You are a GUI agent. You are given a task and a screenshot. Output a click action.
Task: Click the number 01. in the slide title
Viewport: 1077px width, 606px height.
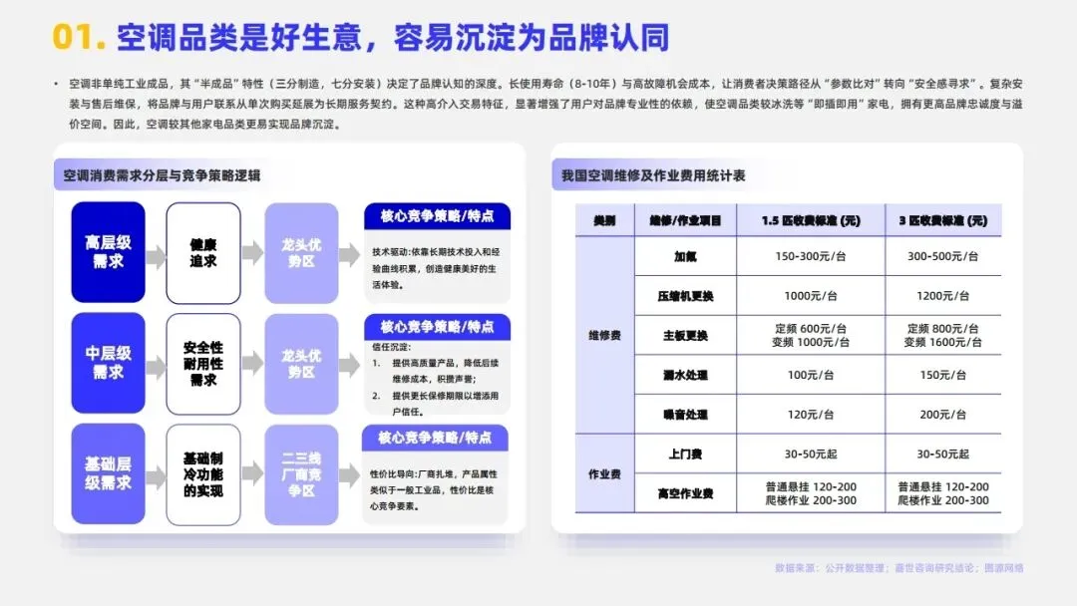pos(79,37)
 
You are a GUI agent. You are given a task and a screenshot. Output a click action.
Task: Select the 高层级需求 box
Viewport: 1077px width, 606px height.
pos(108,252)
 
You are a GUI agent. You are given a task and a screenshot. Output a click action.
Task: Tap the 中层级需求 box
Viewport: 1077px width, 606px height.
pos(108,363)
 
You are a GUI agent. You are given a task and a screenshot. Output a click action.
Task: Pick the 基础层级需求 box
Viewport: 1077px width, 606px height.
pos(108,474)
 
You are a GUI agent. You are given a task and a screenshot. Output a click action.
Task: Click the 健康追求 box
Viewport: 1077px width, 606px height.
pos(203,252)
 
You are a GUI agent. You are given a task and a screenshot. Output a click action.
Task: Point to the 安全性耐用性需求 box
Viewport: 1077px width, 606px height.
pos(203,363)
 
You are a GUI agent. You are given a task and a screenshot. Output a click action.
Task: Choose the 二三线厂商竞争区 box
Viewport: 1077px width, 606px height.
pos(300,474)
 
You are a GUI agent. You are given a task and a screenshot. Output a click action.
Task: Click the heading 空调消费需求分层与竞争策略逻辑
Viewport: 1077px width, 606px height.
pos(162,175)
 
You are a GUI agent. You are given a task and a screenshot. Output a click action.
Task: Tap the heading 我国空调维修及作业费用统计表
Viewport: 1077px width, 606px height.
pos(652,175)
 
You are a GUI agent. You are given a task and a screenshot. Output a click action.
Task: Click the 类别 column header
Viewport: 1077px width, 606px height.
pos(604,220)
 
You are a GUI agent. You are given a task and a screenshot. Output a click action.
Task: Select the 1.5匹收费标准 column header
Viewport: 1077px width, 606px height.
pos(810,220)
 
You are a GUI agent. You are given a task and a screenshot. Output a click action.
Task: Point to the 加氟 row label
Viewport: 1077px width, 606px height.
pos(685,256)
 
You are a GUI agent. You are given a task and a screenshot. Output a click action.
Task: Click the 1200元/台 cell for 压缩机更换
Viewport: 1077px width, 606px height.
pos(942,296)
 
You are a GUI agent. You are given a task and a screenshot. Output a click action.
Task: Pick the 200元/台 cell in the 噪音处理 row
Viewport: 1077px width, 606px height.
pos(942,415)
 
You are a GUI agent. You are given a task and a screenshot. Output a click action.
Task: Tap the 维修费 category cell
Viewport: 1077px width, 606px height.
pos(604,335)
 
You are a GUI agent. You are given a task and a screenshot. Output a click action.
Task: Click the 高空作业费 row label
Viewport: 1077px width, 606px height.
pos(685,493)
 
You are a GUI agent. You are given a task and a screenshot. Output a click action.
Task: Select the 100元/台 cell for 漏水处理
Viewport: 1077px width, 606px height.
pos(810,375)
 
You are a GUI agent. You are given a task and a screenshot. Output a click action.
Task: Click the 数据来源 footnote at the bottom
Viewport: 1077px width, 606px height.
pos(898,568)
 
